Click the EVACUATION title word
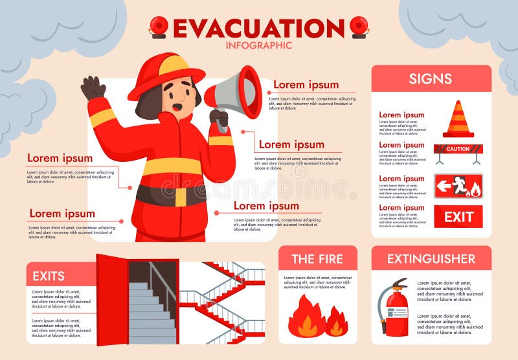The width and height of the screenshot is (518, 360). (258, 28)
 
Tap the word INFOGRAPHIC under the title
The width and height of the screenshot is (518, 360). (258, 45)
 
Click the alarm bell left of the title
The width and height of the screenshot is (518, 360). (159, 27)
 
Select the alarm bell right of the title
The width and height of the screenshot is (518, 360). (359, 27)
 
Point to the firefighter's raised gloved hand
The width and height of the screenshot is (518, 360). (93, 87)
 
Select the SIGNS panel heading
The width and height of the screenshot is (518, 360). (431, 79)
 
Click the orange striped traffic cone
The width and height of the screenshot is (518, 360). (458, 119)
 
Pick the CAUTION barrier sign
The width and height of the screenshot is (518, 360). (458, 150)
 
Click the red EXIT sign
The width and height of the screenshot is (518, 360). (458, 217)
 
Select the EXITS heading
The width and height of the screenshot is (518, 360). (49, 276)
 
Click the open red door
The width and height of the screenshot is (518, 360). (111, 299)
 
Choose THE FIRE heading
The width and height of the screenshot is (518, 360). (317, 259)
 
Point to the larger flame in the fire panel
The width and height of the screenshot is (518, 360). (306, 317)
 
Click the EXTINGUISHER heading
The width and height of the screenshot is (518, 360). (431, 259)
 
